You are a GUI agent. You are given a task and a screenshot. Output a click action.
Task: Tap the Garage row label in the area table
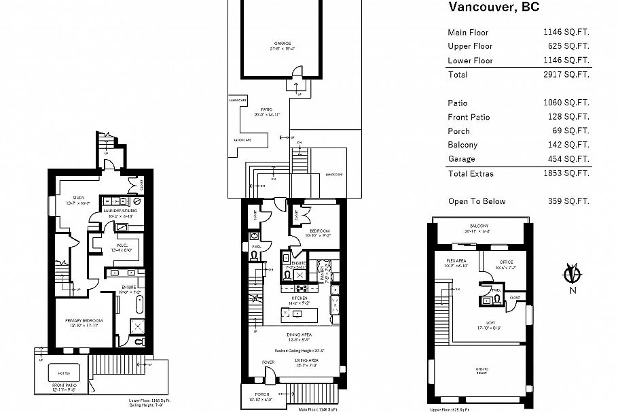pos(461,159)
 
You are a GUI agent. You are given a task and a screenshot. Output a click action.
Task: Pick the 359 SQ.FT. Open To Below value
pos(568,201)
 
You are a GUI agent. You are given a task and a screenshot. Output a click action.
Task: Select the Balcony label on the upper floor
pos(479,226)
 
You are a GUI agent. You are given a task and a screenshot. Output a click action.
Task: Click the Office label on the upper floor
pos(506,262)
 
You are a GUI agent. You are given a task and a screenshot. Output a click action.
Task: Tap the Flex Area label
pos(455,262)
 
